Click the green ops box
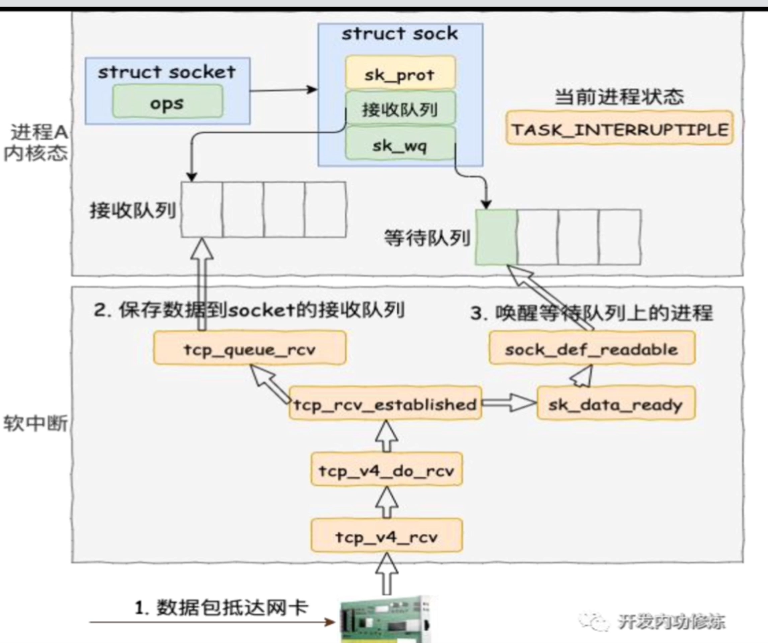pyautogui.click(x=166, y=104)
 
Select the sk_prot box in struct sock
pyautogui.click(x=400, y=74)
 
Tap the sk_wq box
pyautogui.click(x=400, y=144)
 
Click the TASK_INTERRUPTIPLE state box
pyautogui.click(x=619, y=129)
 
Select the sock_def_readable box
pyautogui.click(x=591, y=348)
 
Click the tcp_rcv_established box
pyautogui.click(x=385, y=404)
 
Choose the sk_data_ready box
pyautogui.click(x=615, y=404)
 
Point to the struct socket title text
pyautogui.click(x=167, y=72)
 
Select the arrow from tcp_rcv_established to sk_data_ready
pyautogui.click(x=509, y=404)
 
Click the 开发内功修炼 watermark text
pyautogui.click(x=670, y=621)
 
